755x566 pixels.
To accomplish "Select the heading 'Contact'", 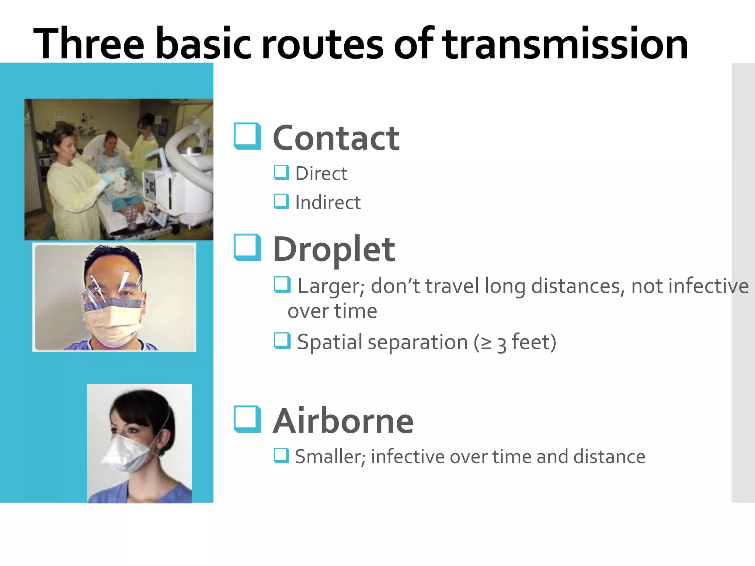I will (x=336, y=138).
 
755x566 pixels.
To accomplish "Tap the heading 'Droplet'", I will (x=334, y=250).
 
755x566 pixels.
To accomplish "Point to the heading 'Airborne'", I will (x=343, y=421).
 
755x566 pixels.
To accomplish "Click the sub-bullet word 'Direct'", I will (x=321, y=174).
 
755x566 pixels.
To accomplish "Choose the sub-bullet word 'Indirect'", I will (x=328, y=203).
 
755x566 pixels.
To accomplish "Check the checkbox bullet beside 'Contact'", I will (x=247, y=136).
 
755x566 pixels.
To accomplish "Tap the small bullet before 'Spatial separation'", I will (x=282, y=340).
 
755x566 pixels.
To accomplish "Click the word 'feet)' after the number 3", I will (x=534, y=342).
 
